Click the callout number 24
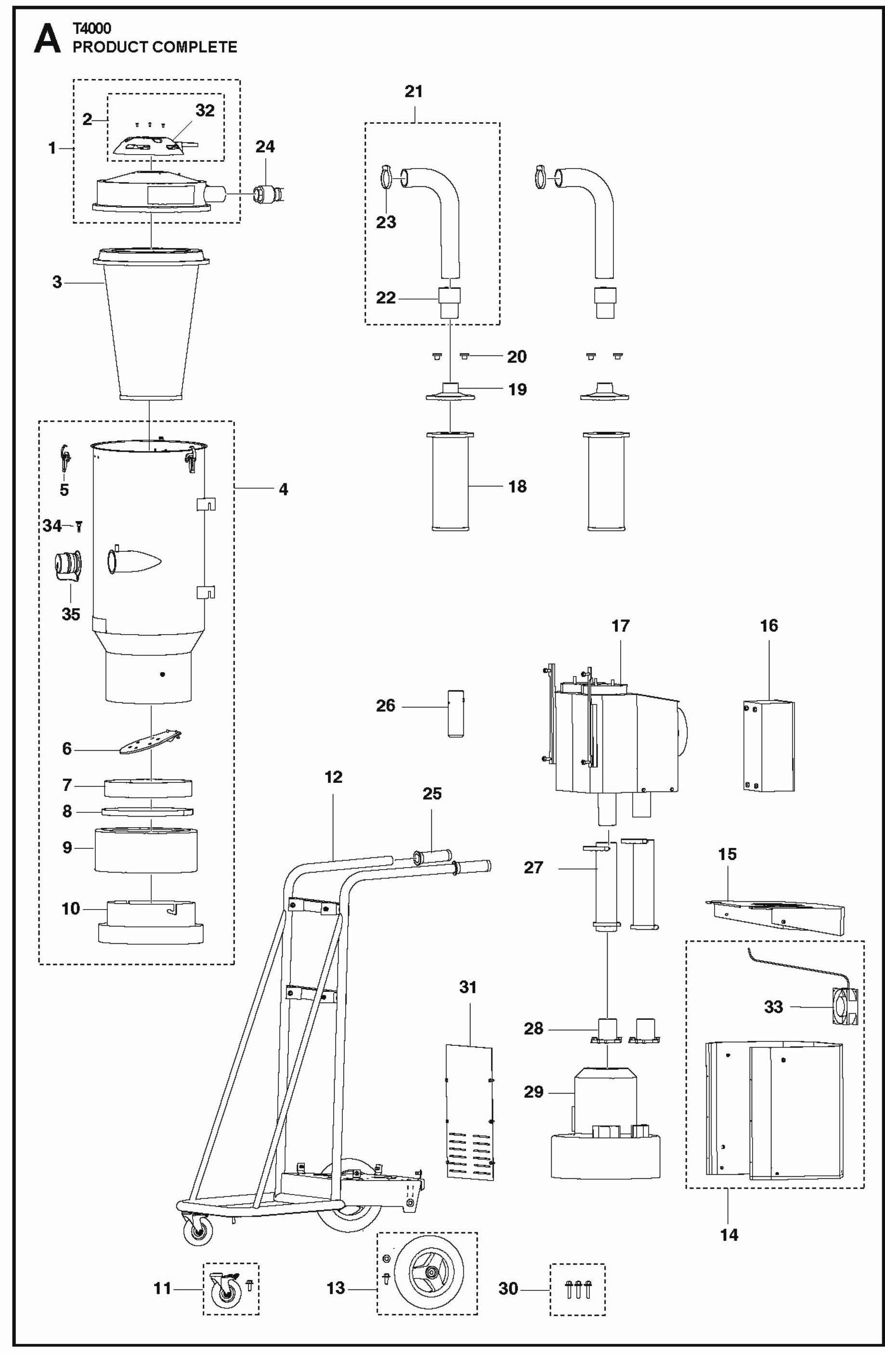point(265,147)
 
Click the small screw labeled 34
point(79,526)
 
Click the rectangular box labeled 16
point(768,745)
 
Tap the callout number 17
point(620,625)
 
